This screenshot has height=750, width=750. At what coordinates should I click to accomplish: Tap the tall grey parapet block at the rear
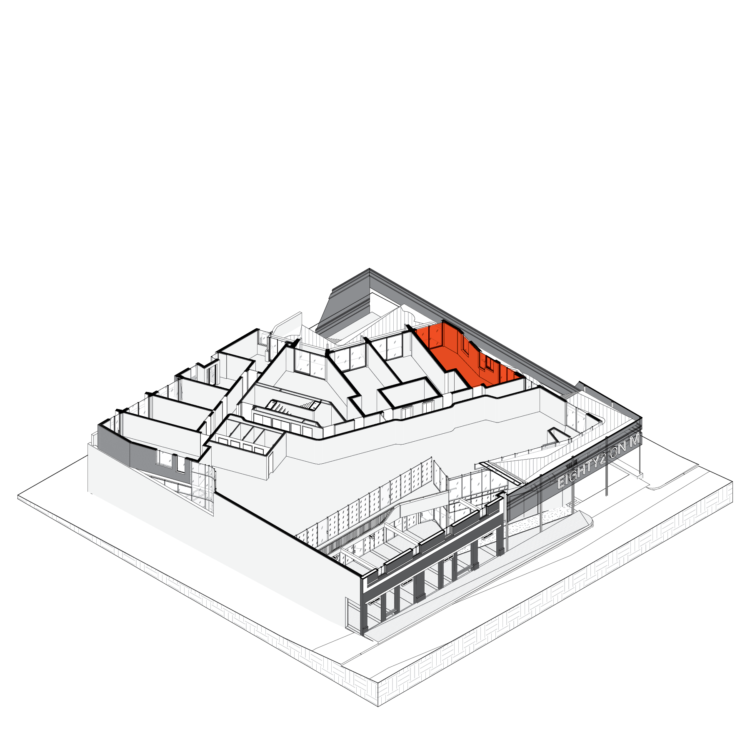tap(346, 300)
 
